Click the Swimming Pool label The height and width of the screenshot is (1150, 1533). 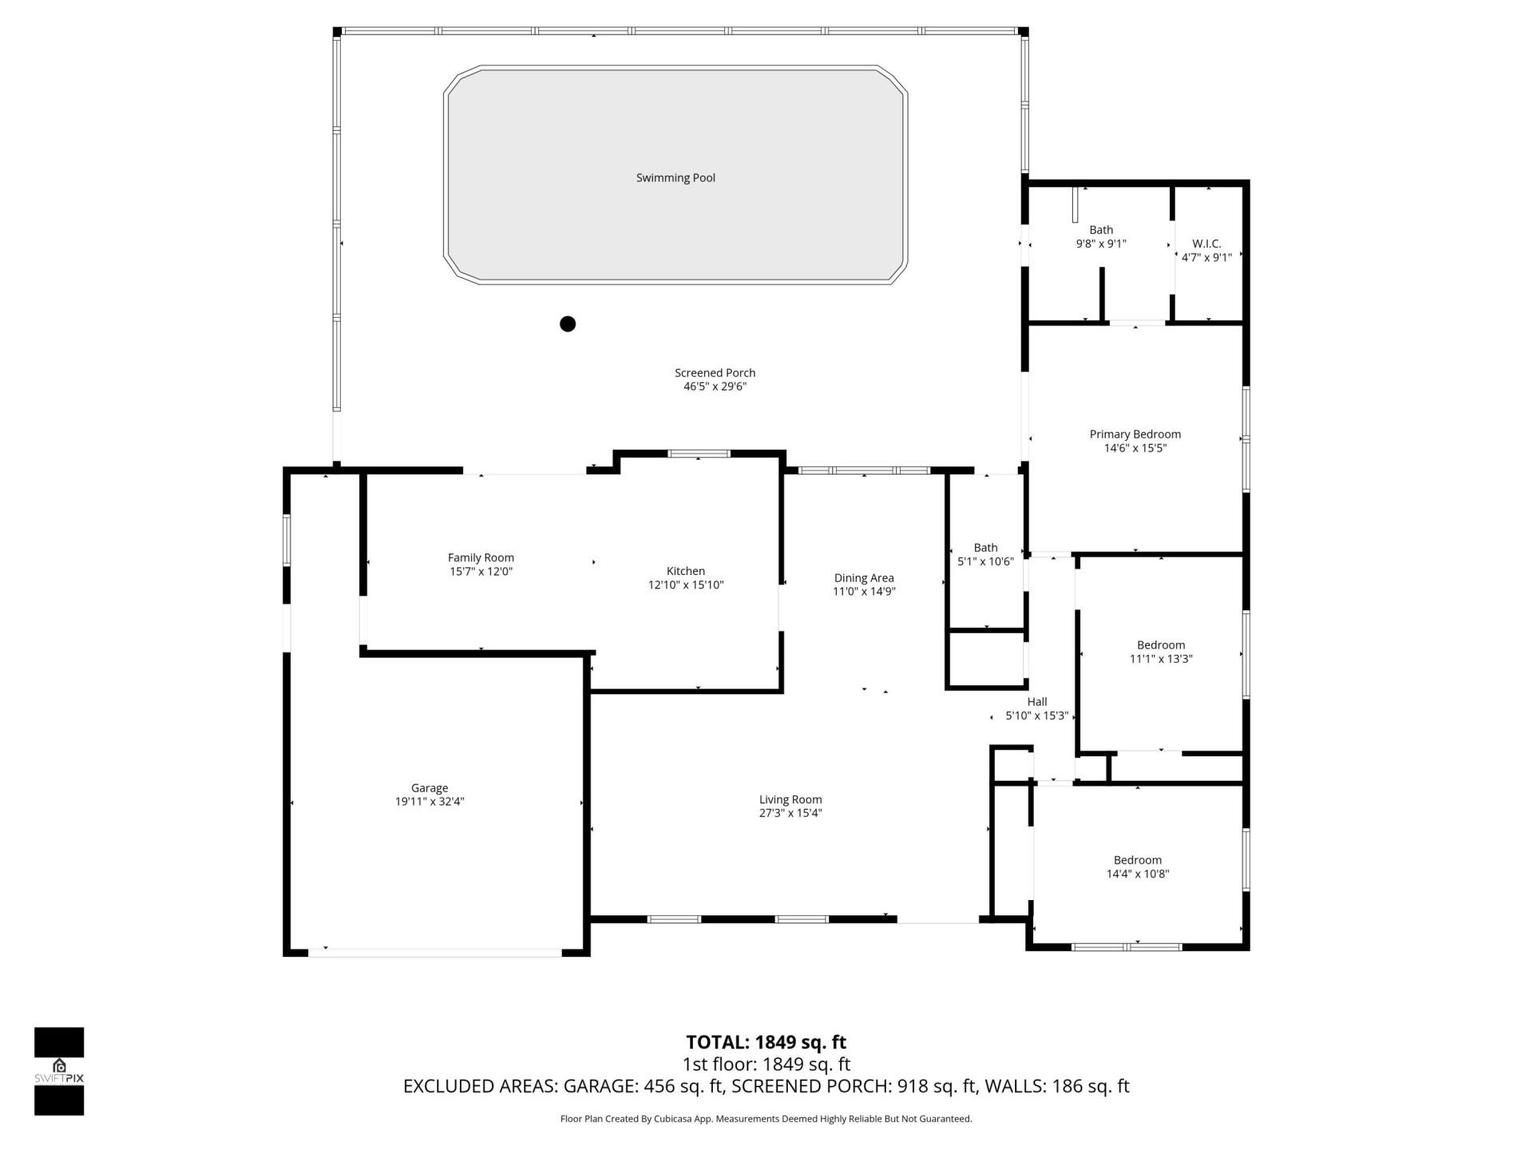point(675,178)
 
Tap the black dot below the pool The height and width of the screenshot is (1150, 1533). point(568,323)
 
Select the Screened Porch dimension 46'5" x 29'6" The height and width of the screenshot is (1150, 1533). point(715,387)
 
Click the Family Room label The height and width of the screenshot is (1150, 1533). point(481,557)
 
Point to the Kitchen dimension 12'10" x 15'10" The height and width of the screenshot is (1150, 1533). point(685,585)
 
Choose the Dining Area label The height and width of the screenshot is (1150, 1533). point(864,577)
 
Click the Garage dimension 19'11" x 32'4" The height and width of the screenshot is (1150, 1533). point(430,802)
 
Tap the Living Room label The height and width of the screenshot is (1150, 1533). point(790,799)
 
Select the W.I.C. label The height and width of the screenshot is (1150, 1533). point(1206,244)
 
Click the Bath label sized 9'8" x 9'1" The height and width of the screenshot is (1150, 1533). point(1101,230)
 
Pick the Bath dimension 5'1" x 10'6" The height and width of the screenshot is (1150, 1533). point(985,561)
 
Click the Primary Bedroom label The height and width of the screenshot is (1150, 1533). point(1135,434)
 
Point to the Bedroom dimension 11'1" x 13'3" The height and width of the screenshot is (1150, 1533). point(1160,659)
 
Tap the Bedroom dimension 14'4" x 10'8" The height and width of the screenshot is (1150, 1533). point(1137,874)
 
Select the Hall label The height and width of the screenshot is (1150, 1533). point(1037,702)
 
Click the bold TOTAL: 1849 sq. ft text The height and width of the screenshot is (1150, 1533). point(766,1042)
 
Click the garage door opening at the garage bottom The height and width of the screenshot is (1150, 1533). point(435,952)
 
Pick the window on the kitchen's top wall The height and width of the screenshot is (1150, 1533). point(699,454)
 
